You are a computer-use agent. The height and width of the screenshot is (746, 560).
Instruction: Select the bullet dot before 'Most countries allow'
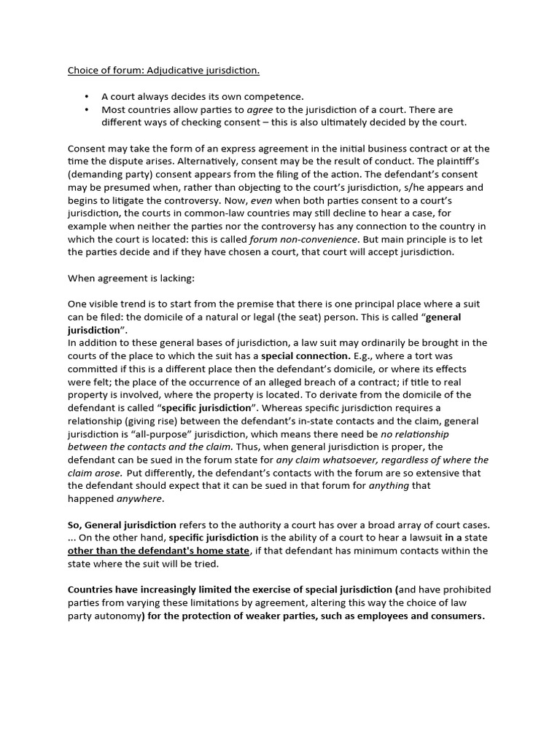[x=87, y=109]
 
